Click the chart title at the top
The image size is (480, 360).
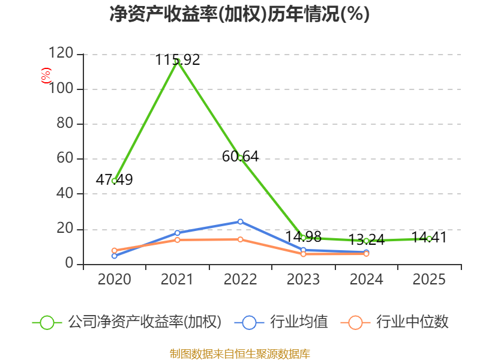pyautogui.click(x=239, y=14)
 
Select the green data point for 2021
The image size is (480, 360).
pyautogui.click(x=177, y=61)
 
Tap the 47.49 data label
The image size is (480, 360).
pyautogui.click(x=114, y=179)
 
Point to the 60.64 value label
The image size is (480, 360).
pyautogui.click(x=241, y=157)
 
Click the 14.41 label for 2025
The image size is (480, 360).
pyautogui.click(x=429, y=237)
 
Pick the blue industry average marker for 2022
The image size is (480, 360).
pyautogui.click(x=241, y=221)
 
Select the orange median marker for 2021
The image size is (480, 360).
pyautogui.click(x=177, y=239)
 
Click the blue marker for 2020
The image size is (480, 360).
pyautogui.click(x=115, y=256)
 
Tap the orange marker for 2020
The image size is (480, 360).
pyautogui.click(x=115, y=250)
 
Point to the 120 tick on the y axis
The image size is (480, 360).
pyautogui.click(x=61, y=53)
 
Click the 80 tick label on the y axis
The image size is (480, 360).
pyautogui.click(x=65, y=123)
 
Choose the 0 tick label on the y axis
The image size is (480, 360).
pyautogui.click(x=70, y=263)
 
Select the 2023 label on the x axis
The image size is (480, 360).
pyautogui.click(x=303, y=279)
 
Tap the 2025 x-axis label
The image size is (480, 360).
pyautogui.click(x=429, y=279)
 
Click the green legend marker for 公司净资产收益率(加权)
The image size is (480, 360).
pyautogui.click(x=47, y=323)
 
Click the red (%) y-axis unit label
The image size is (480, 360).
pyautogui.click(x=46, y=76)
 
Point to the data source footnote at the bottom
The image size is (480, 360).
pyautogui.click(x=240, y=354)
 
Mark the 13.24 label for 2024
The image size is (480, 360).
pyautogui.click(x=367, y=239)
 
